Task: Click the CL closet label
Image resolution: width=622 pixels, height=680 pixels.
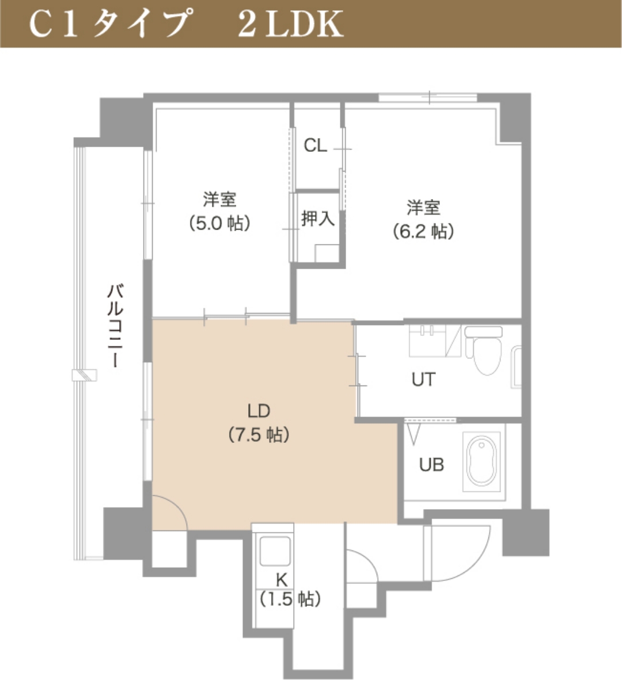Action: coord(315,146)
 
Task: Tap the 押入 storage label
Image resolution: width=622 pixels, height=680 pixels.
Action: coord(317,219)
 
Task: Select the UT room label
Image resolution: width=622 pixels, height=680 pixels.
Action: coord(423,380)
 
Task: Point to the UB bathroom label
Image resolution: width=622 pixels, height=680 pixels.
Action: coord(431,465)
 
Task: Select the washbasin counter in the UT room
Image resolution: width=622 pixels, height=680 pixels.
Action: coord(429,341)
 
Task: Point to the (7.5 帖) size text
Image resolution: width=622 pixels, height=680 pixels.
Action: coord(259,434)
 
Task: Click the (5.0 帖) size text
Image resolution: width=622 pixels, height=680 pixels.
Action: coord(220,223)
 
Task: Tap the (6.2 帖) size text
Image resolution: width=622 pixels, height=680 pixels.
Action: coord(423,231)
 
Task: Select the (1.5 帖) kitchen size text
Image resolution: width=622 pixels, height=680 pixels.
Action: coord(290,599)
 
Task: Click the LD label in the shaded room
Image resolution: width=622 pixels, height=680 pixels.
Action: coord(259,411)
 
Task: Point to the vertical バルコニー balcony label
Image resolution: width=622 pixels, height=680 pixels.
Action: coord(115,326)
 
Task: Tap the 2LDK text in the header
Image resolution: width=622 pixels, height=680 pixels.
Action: coord(290,24)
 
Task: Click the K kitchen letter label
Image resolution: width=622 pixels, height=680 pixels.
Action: coord(282,579)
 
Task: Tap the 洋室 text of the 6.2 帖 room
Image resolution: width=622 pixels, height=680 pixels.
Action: coord(423,208)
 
